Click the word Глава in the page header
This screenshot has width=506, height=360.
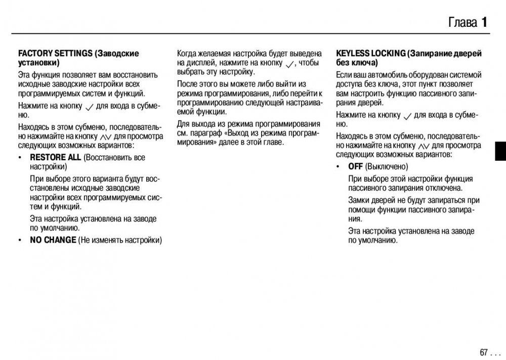point(462,22)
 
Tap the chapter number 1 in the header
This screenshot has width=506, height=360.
point(484,22)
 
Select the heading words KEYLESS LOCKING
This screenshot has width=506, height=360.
point(371,53)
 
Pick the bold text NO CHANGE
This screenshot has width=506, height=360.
point(53,240)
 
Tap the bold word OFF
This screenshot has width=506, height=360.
point(355,166)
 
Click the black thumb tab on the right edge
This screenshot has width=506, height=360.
point(500,151)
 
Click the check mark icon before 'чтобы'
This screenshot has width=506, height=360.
point(289,64)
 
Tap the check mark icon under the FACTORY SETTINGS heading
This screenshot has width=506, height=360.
point(90,106)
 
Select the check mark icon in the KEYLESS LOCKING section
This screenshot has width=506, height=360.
point(408,115)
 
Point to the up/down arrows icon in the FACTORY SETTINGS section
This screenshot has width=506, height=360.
point(105,137)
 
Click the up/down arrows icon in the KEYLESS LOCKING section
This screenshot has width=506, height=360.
point(424,146)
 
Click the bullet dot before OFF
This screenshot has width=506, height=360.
point(338,167)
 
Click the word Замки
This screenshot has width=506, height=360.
point(359,200)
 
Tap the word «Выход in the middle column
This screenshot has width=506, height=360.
point(240,133)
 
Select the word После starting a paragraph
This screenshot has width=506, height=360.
point(187,84)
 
